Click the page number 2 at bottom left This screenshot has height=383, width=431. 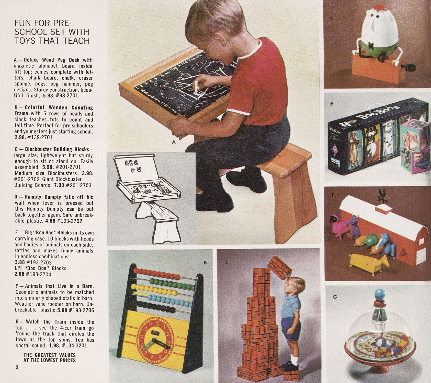point(17,367)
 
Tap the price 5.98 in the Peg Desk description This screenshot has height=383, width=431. point(49,96)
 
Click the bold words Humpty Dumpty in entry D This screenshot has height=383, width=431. point(43,197)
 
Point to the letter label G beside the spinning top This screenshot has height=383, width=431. point(335,297)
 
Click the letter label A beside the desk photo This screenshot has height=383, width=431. point(174,142)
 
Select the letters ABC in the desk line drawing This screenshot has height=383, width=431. point(131,163)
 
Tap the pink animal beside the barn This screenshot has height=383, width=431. point(339,225)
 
